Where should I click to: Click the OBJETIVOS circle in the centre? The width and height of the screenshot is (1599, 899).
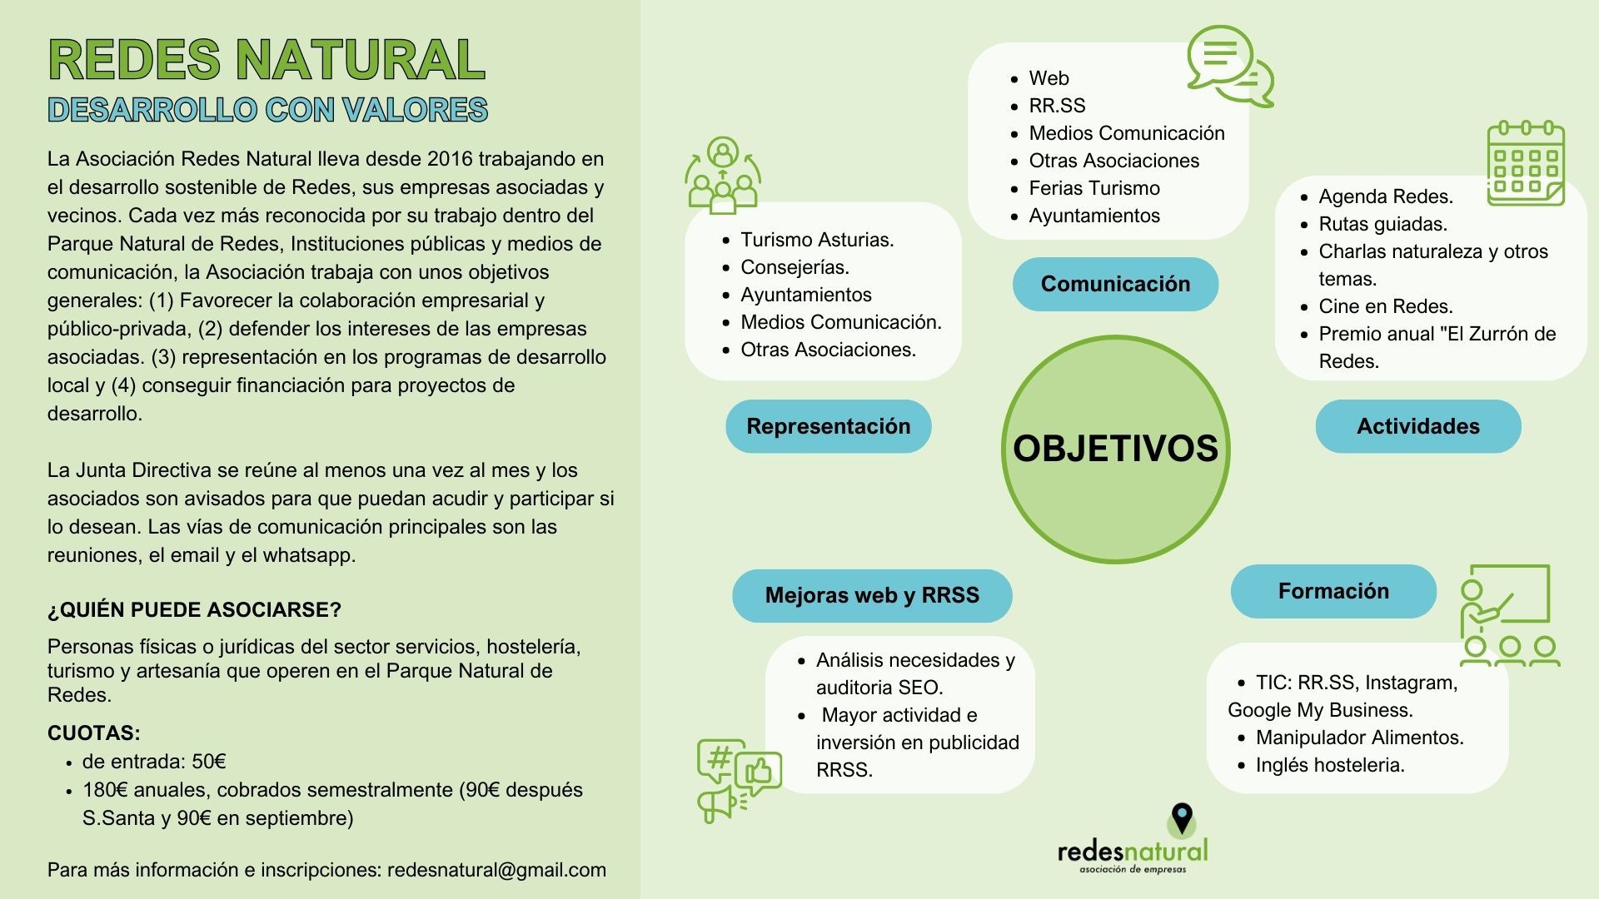coord(1115,449)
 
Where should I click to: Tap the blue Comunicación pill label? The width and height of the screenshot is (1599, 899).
coord(1115,284)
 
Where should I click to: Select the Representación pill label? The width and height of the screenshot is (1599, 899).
coord(829,426)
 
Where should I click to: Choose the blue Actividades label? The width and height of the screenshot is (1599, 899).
coord(1418,426)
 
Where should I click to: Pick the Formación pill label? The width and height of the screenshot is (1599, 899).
coord(1333,591)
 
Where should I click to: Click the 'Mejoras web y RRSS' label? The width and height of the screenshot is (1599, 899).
coord(872,595)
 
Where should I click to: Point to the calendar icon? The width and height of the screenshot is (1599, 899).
coord(1526,163)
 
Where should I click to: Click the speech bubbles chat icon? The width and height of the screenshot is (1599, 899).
coord(1229,67)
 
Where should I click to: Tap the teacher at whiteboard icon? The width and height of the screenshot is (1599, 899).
coord(1509,616)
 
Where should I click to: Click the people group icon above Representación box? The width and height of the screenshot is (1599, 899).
coord(723,176)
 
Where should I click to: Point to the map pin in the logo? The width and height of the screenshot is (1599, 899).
coord(1182,819)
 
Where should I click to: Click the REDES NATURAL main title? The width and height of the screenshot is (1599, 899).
coord(266,59)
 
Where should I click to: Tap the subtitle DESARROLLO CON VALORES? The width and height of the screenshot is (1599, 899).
coord(267,110)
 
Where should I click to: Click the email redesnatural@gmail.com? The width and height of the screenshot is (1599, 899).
coord(496,870)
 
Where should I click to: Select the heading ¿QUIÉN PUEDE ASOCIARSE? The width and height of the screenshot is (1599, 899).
coord(194,610)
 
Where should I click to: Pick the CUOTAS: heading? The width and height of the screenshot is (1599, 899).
coord(94,733)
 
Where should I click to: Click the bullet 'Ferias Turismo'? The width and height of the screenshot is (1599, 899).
coord(1094,188)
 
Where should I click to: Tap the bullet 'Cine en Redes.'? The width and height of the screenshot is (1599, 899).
coord(1386,306)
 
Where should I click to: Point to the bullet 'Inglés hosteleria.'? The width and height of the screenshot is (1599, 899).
coord(1330,765)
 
